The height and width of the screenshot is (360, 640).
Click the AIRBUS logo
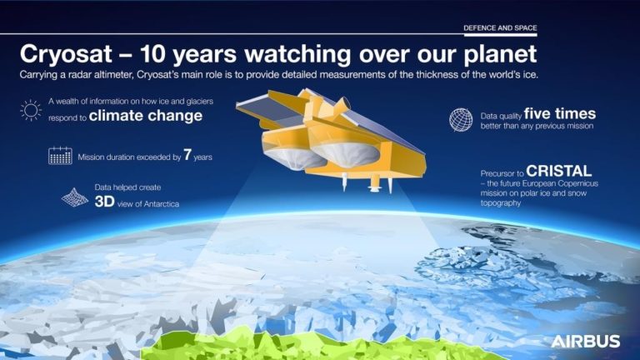point(585,341)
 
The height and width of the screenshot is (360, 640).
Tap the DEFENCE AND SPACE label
point(500,27)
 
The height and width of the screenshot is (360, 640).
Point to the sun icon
point(32,110)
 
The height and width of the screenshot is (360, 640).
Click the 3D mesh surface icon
point(75,197)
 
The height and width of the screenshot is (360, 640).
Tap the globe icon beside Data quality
point(460,120)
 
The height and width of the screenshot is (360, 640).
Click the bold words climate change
point(145,116)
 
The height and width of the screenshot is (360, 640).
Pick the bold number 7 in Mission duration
point(188,155)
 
